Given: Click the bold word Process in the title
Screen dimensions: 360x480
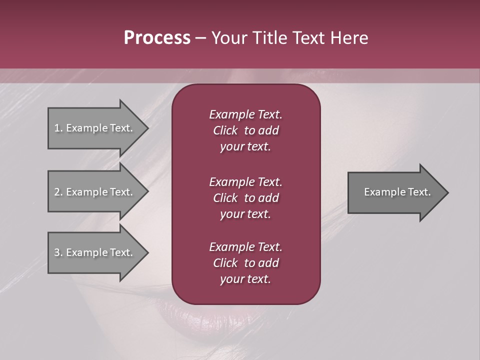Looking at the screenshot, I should [157, 38].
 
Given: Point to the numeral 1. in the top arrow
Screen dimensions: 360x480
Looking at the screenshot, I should [58, 128].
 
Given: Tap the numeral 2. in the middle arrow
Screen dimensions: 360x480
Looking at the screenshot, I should [58, 192].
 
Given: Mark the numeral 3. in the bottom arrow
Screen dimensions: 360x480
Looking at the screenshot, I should [58, 252].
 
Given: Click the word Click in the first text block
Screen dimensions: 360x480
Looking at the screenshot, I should [225, 130].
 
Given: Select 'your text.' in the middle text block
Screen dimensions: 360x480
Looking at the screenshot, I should [245, 214].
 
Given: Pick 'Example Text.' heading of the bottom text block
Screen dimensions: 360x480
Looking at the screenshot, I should [245, 247].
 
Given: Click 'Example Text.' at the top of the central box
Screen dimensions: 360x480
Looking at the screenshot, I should [245, 114].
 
